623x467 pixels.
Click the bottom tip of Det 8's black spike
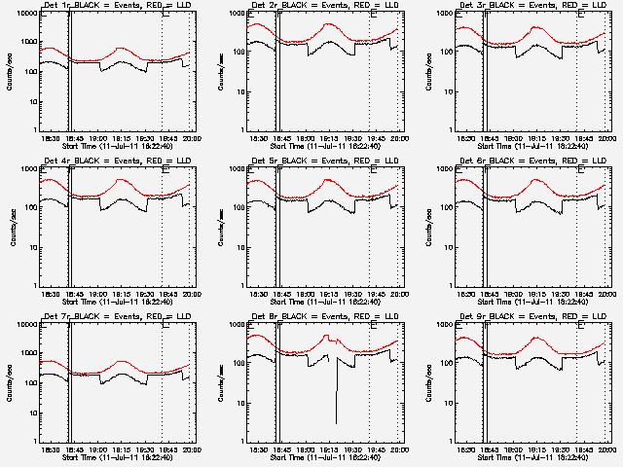point(337,423)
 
